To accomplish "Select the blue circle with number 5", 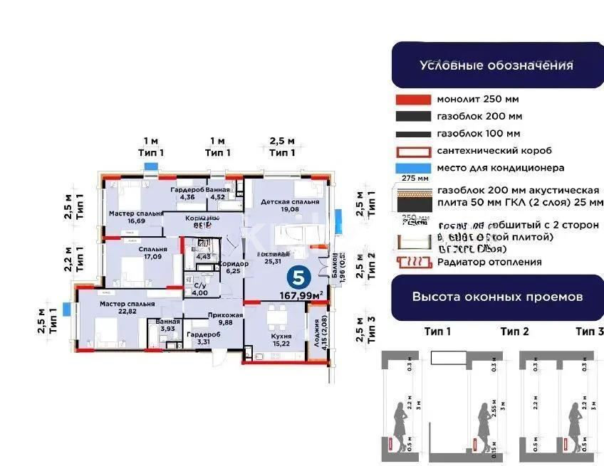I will [299, 276].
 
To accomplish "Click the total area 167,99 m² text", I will [302, 293].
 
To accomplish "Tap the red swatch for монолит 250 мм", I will [412, 100].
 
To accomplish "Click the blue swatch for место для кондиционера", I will [412, 168].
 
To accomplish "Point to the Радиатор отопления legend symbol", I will [412, 262].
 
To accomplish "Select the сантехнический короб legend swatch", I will [412, 151].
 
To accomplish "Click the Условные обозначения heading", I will [496, 65].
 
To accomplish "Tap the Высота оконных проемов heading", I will [497, 297].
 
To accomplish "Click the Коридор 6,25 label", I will [237, 267].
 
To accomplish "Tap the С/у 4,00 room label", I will [200, 289].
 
